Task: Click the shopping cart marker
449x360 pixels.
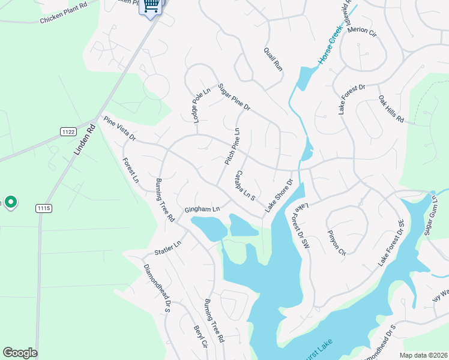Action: tap(151, 7)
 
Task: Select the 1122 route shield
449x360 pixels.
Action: tap(68, 131)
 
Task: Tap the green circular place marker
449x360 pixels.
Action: tap(10, 203)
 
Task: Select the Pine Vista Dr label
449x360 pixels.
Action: tap(120, 130)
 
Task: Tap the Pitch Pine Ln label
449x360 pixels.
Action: tap(232, 147)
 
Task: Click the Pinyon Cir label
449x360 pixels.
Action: tap(337, 243)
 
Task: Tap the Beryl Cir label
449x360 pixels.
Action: tap(200, 338)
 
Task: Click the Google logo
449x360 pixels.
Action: tap(20, 353)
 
